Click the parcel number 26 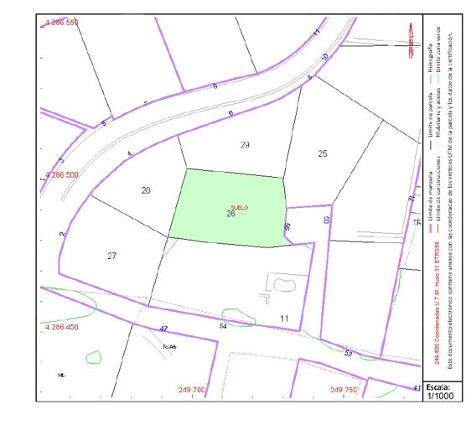point(230,214)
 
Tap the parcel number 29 point(245,146)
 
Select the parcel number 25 point(323,153)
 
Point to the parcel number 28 point(146,190)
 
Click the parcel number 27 point(112,255)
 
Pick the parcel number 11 point(284,319)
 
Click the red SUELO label point(239,206)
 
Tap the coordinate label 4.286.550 point(60,22)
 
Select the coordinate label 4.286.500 point(60,175)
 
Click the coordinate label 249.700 point(191,390)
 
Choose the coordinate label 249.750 point(344,390)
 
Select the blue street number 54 point(223,325)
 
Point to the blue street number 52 point(349,353)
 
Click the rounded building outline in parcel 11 point(281,283)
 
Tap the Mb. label point(62,374)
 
